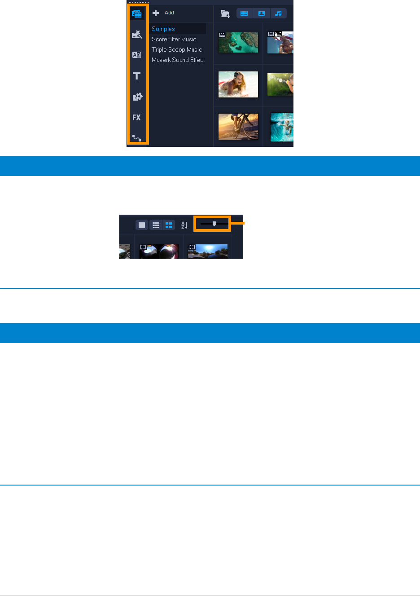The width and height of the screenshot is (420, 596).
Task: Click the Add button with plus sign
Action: tap(164, 13)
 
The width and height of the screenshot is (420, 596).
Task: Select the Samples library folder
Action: tap(163, 29)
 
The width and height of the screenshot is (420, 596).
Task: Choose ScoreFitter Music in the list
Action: tap(174, 40)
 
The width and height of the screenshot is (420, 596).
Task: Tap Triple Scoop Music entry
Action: tap(177, 50)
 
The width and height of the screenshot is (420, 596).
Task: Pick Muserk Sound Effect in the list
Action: tap(178, 60)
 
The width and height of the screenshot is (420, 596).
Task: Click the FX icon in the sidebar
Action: tap(137, 118)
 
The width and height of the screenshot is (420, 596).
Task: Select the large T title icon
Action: tap(137, 76)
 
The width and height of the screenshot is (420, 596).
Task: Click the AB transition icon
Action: tap(137, 55)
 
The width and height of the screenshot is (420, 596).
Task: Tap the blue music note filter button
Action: tap(278, 13)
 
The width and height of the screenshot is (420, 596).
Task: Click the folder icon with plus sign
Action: tap(225, 13)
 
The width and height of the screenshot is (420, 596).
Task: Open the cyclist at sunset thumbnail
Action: tap(238, 126)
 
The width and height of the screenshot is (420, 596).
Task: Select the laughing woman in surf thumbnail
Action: tap(238, 84)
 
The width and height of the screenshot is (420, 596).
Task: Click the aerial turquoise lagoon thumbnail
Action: tap(238, 43)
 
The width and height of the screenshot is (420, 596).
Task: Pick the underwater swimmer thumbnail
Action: tap(282, 127)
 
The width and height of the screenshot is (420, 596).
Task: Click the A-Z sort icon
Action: tap(184, 225)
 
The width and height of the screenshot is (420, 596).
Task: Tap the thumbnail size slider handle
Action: tap(214, 224)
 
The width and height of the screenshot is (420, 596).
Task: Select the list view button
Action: tap(156, 225)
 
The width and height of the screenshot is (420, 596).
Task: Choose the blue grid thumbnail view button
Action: tap(169, 225)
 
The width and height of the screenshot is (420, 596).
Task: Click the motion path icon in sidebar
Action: tap(137, 138)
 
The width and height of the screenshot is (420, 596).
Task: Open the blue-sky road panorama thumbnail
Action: tap(208, 252)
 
